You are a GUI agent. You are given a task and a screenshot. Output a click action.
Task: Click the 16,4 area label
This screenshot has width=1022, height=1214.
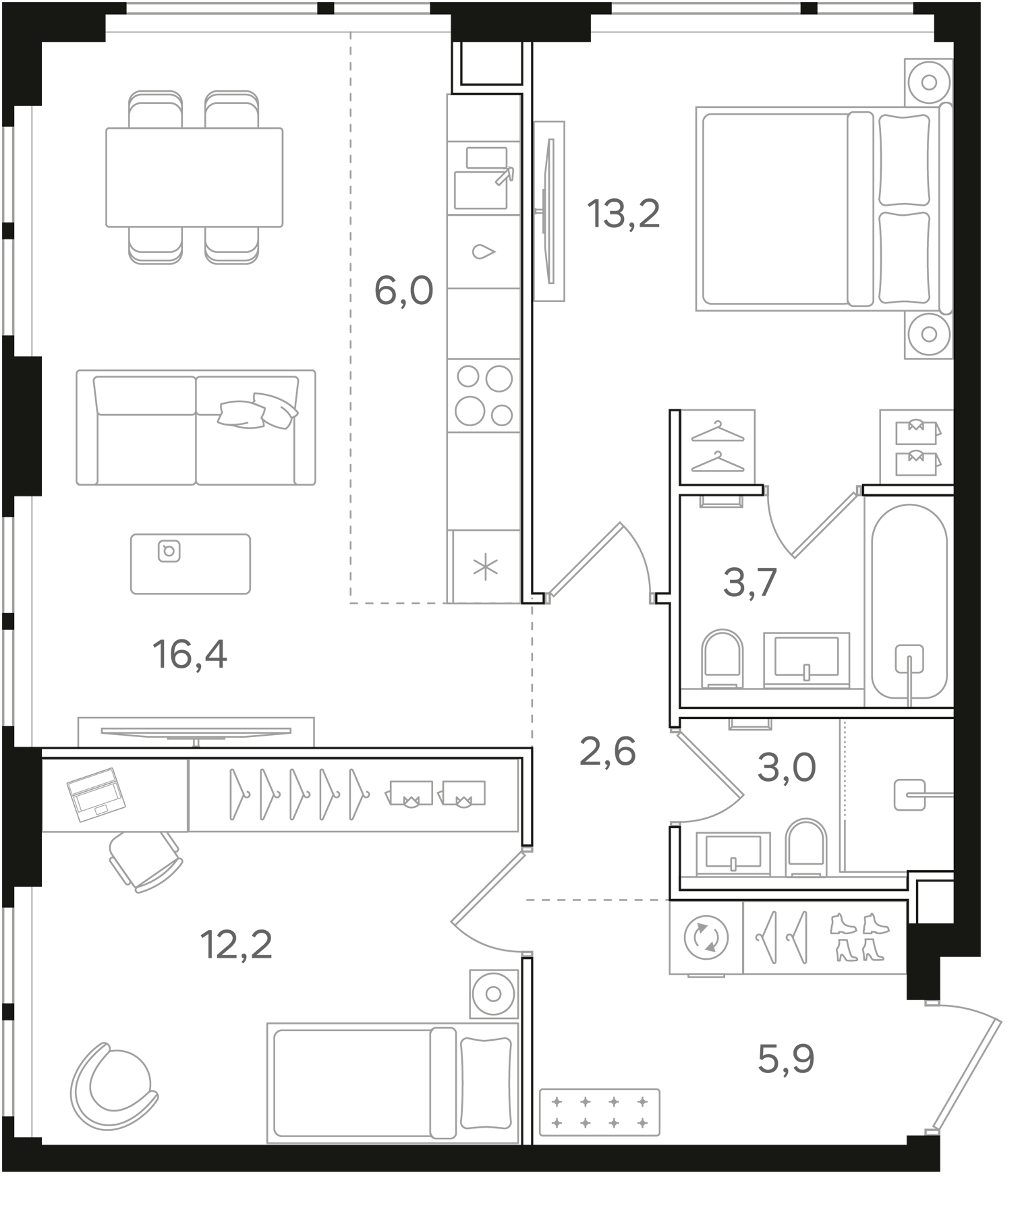[x=190, y=654]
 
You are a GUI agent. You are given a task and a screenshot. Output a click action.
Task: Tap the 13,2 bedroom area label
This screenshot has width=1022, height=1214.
[x=623, y=214]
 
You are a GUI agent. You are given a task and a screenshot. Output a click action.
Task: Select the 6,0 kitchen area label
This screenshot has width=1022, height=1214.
[x=403, y=291]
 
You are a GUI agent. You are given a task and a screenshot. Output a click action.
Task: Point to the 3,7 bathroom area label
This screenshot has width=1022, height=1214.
[x=750, y=583]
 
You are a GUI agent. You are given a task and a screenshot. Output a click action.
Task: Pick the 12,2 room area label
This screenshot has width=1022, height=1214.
[x=236, y=944]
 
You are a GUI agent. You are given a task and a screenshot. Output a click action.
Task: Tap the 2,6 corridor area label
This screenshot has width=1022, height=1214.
[x=607, y=751]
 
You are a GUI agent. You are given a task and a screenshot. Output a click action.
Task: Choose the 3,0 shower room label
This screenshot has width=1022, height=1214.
[x=787, y=768]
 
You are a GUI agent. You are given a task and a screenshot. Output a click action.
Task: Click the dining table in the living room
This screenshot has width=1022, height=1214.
[x=194, y=177]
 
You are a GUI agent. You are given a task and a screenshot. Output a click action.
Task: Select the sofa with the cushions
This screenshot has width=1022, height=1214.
[x=196, y=428]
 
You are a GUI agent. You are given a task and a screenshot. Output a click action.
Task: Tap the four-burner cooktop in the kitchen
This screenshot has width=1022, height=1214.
[x=484, y=395]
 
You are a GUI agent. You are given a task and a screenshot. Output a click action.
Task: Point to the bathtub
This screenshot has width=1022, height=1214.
[x=909, y=602]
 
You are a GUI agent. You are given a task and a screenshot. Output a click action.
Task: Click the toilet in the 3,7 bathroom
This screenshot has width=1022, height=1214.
[x=722, y=659]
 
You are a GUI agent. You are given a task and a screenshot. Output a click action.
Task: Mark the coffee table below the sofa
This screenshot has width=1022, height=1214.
[x=190, y=564]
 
